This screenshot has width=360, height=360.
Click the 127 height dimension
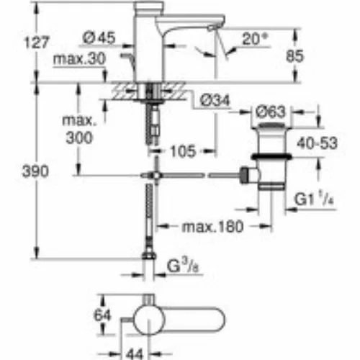tap(37, 42)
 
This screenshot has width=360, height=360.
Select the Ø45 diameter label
tap(99, 37)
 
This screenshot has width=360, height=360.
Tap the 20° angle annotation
tap(255, 39)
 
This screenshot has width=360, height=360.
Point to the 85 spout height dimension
tap(294, 56)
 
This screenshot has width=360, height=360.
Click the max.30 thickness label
tap(79, 58)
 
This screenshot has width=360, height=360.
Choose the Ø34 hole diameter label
tap(215, 100)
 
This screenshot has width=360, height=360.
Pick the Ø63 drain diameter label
tap(271, 112)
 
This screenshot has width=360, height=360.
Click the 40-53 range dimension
tap(317, 143)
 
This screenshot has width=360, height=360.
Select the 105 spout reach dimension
tap(183, 151)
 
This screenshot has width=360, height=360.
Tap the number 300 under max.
tap(79, 138)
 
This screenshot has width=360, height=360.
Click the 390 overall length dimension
tap(35, 171)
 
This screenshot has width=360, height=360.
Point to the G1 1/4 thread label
tap(314, 199)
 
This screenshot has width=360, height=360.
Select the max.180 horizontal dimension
tap(212, 227)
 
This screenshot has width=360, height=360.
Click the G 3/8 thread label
tap(183, 266)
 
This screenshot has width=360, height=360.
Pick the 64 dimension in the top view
tap(102, 315)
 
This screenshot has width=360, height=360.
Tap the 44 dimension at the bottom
tap(135, 354)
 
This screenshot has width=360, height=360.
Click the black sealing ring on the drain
tap(271, 157)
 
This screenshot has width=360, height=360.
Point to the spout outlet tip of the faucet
tap(211, 29)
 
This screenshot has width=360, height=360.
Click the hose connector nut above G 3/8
tap(149, 255)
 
